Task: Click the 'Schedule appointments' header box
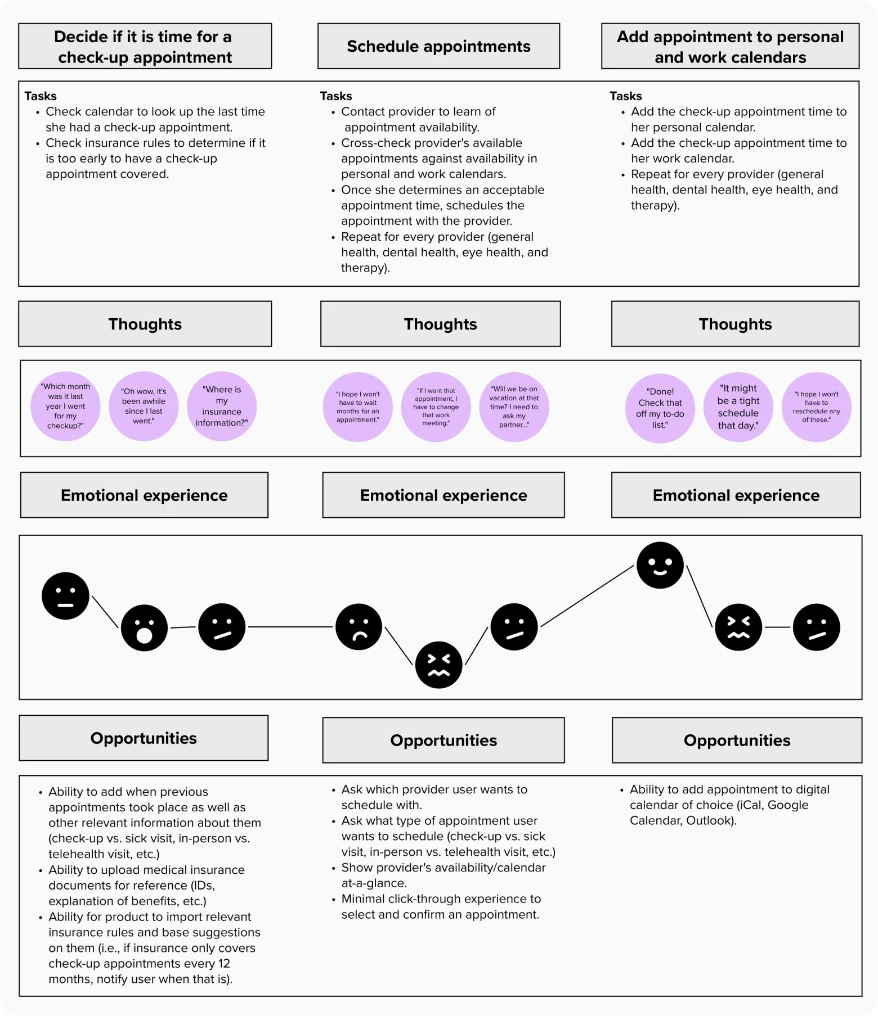[x=438, y=46]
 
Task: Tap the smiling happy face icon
[x=660, y=565]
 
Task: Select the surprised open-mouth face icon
[x=144, y=627]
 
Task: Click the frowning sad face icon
[x=359, y=627]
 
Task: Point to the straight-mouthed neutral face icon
[x=65, y=596]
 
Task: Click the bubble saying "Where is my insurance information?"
[x=222, y=406]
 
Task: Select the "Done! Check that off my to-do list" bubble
[x=660, y=408]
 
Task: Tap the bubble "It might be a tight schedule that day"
[x=738, y=407]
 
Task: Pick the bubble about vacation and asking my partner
[x=514, y=407]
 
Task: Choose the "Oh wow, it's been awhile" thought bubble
[x=144, y=406]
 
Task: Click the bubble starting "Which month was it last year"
[x=65, y=406]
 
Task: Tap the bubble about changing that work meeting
[x=436, y=407]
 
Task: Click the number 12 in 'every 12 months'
[x=224, y=964]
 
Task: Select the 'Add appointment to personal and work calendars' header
[x=730, y=46]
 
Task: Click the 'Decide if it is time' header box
[x=145, y=46]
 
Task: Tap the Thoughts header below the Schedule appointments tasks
[x=440, y=324]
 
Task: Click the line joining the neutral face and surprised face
[x=105, y=612]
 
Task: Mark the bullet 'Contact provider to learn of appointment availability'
[x=418, y=119]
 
